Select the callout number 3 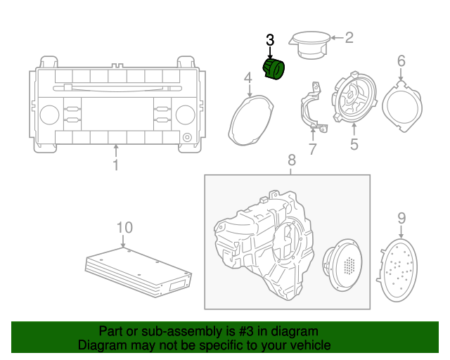[x=270, y=40]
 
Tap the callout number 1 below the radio [x=116, y=165]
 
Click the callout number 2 [x=348, y=38]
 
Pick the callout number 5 [x=354, y=145]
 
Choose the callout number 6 [x=401, y=61]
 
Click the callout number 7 [x=312, y=149]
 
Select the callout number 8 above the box [x=292, y=162]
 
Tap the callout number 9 [x=401, y=218]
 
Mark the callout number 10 [x=124, y=227]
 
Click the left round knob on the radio [x=49, y=115]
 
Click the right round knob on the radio [x=185, y=115]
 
